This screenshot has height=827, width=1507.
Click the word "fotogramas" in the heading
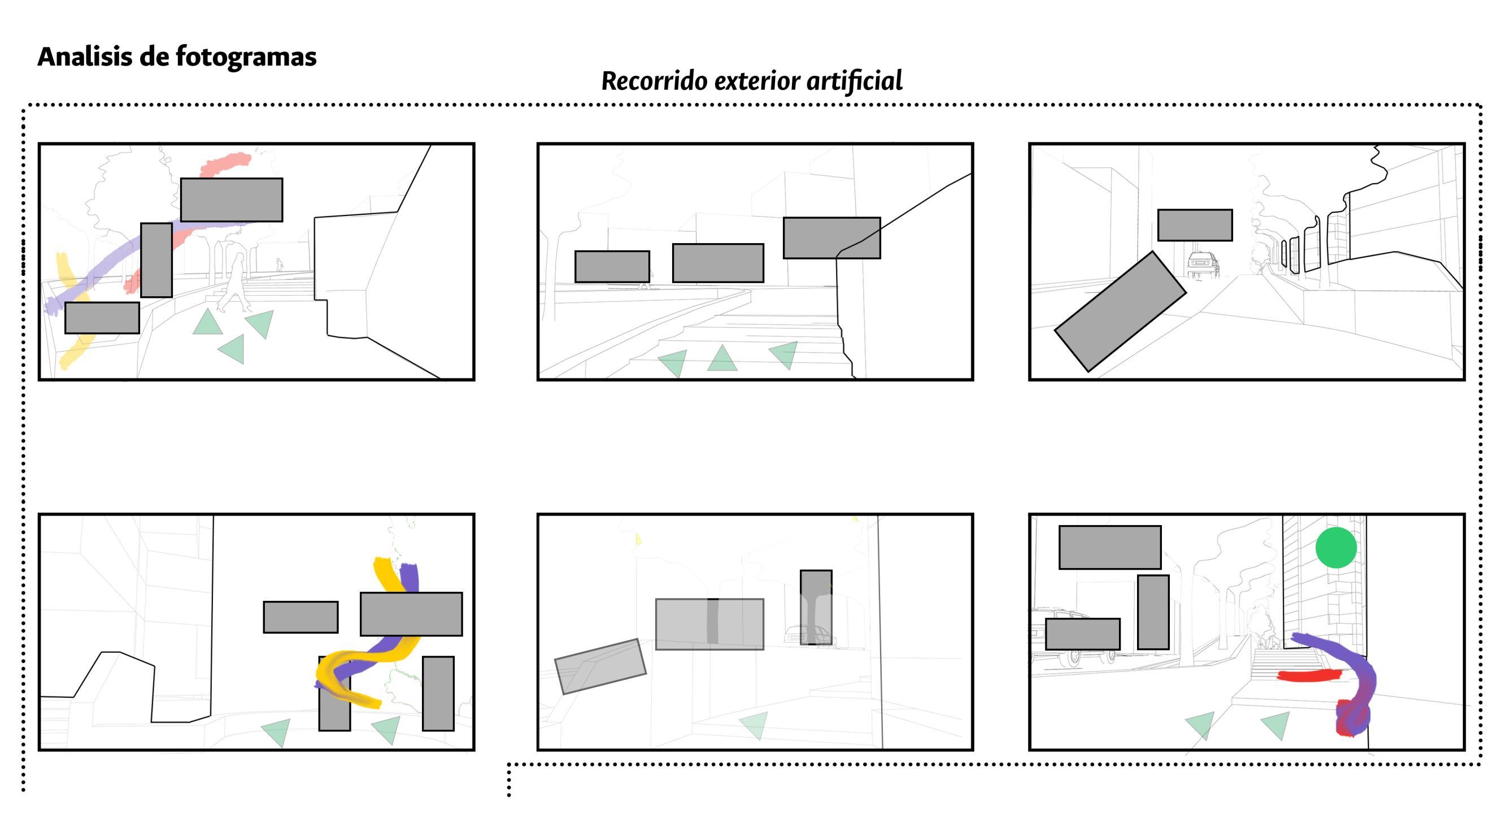(x=246, y=57)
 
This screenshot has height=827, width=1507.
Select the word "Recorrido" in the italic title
(x=654, y=81)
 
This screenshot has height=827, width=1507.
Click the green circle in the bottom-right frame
(x=1336, y=547)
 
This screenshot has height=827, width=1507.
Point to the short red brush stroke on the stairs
(x=1309, y=676)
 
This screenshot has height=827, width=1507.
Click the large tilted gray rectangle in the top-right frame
(x=1120, y=311)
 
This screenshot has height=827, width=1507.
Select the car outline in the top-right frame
(x=1203, y=265)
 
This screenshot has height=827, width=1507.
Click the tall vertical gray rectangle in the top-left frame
(x=156, y=260)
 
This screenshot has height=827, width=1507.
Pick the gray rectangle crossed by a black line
(x=831, y=237)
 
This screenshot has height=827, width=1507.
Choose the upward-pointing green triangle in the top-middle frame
(x=722, y=359)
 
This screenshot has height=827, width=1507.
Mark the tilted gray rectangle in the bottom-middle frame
(x=600, y=666)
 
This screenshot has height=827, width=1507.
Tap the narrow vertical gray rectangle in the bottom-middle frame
(x=816, y=607)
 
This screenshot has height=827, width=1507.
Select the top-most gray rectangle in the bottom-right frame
(x=1110, y=547)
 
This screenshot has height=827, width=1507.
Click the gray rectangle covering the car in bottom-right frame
(x=1082, y=634)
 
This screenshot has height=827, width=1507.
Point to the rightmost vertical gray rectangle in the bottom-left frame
(x=438, y=694)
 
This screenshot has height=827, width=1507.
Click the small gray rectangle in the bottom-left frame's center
(x=300, y=617)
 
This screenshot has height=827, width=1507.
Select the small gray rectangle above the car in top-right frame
(x=1195, y=225)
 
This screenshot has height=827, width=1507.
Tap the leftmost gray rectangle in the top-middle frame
(x=612, y=267)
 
